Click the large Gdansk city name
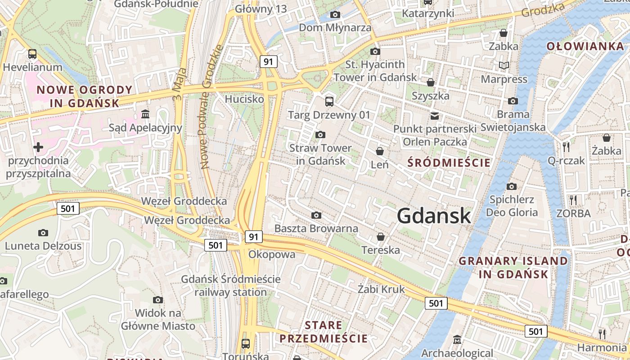[434, 216]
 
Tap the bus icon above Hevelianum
[32, 54]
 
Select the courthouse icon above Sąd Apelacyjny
[145, 114]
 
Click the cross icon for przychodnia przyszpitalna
[38, 147]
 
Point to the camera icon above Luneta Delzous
[43, 233]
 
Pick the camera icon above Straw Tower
[320, 135]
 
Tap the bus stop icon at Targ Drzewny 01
[329, 101]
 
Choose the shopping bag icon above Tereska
[381, 237]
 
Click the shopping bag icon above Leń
[380, 151]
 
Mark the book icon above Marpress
[504, 66]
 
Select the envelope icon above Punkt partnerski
[434, 116]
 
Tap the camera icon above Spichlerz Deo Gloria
[512, 186]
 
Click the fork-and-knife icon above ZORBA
[573, 200]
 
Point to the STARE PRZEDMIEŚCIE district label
[323, 332]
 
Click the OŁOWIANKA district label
[585, 46]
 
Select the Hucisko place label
[244, 99]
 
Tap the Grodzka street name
[543, 10]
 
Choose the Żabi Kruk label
[381, 289]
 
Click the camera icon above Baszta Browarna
[316, 216]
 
